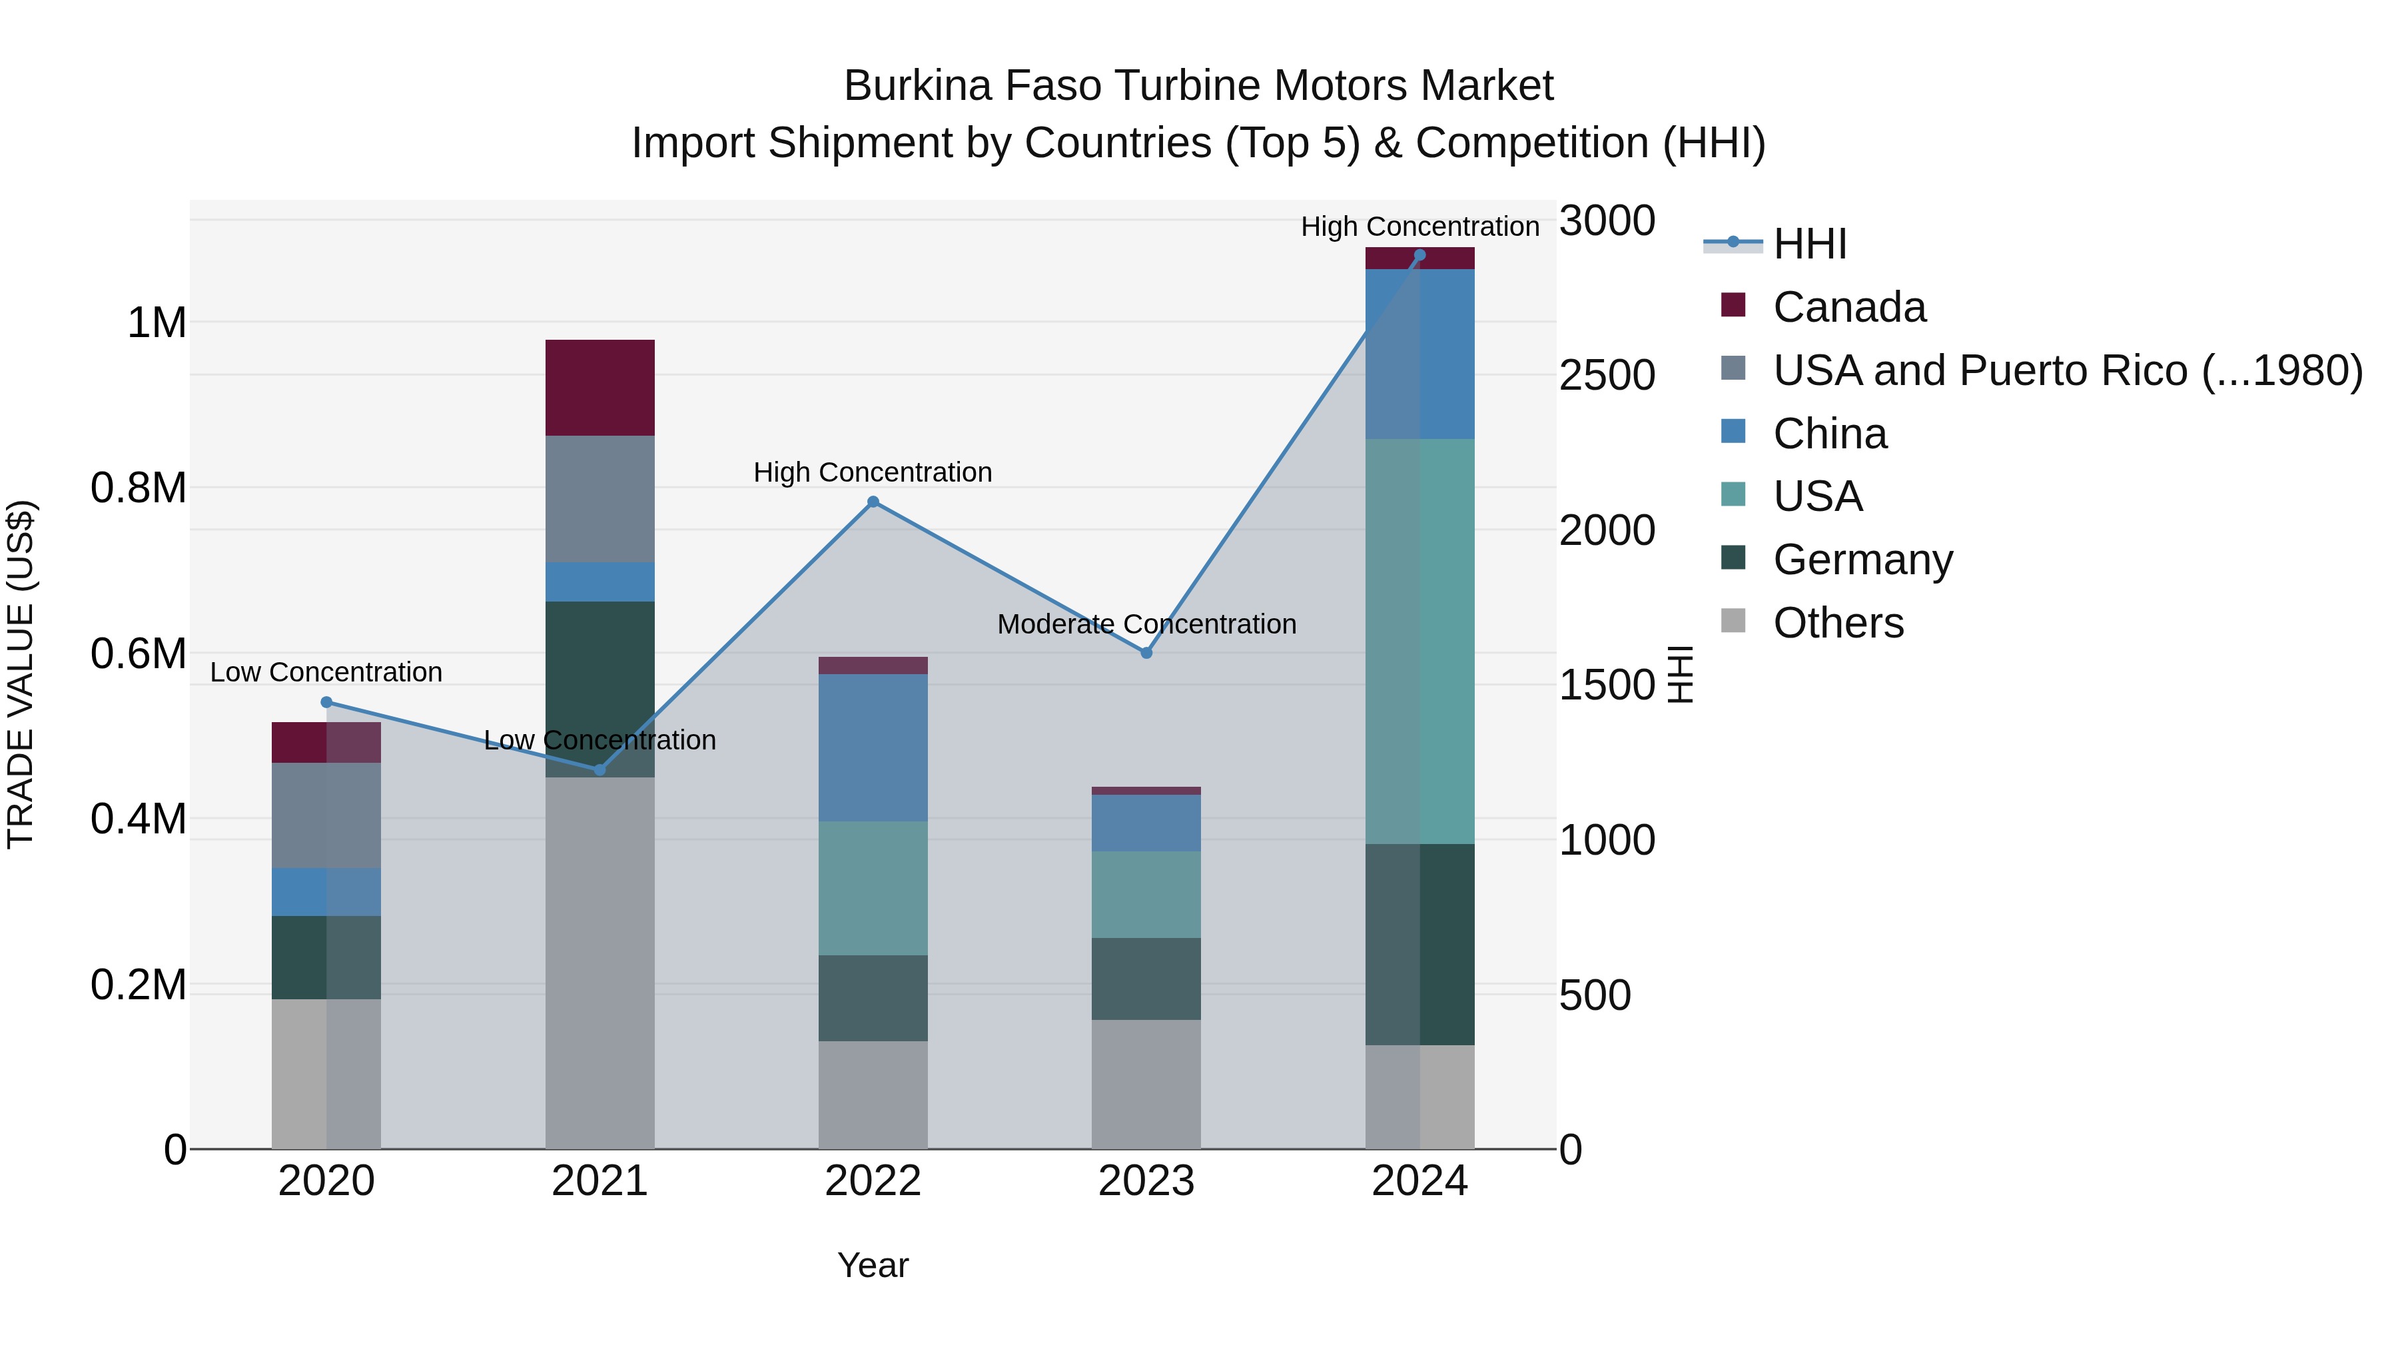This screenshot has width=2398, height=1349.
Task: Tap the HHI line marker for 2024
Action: click(x=1419, y=255)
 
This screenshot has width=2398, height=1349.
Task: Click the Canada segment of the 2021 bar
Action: click(x=599, y=387)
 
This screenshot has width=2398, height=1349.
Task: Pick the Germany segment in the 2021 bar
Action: click(x=599, y=689)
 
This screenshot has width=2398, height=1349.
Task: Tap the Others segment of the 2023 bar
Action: click(x=1146, y=1084)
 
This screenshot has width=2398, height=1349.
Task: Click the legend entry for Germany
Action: click(x=1862, y=560)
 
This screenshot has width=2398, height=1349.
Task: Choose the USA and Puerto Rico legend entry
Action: click(x=2066, y=370)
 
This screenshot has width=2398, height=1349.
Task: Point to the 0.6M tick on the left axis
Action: click(x=138, y=654)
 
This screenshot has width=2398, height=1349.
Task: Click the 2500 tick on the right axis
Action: click(x=1607, y=375)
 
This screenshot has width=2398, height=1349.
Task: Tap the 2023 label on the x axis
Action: click(x=1146, y=1181)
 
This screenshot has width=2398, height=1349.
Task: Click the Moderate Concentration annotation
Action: click(x=1146, y=624)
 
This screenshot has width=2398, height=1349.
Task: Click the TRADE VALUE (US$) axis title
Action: click(x=21, y=674)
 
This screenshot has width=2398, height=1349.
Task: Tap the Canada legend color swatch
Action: click(x=1733, y=304)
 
